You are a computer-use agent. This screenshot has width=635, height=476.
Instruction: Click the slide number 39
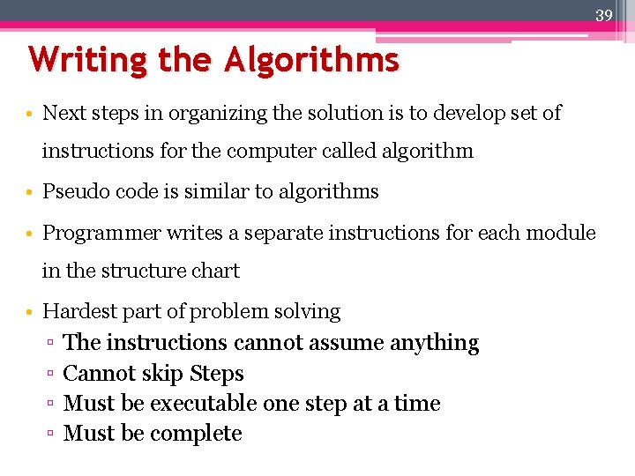pyautogui.click(x=603, y=14)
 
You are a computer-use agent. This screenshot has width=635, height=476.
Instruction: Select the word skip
pyautogui.click(x=164, y=374)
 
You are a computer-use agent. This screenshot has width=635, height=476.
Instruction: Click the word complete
pyautogui.click(x=198, y=434)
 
